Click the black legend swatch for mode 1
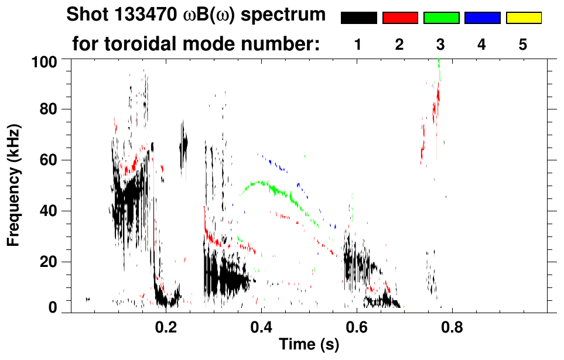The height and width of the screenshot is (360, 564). (358, 18)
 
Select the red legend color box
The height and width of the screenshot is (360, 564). (400, 18)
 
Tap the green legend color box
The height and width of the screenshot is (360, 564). (441, 18)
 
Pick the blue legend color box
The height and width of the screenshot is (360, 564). (482, 18)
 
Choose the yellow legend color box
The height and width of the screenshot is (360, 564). (523, 18)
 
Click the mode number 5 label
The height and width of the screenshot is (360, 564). (523, 44)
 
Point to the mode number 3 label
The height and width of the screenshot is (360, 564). (441, 44)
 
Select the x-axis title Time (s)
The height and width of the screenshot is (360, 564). (309, 345)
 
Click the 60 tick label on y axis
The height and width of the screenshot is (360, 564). (49, 160)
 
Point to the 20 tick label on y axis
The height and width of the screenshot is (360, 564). (49, 261)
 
